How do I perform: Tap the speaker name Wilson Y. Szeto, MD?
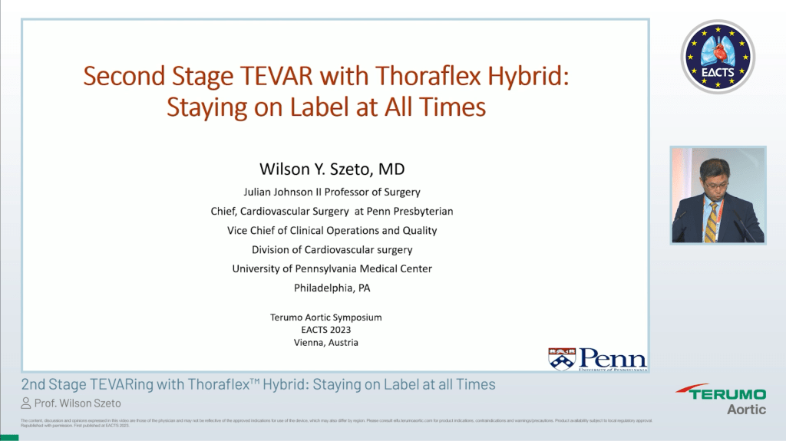point(332,169)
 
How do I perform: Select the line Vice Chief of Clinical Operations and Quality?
point(332,230)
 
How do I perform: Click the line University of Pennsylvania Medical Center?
point(332,268)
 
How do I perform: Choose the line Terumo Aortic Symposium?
point(326,317)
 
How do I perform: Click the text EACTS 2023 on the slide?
point(326,330)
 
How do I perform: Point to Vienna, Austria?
point(326,343)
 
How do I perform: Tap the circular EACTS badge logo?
point(718,58)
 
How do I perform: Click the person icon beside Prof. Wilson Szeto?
point(26,403)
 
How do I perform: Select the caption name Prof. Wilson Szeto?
point(78,403)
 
